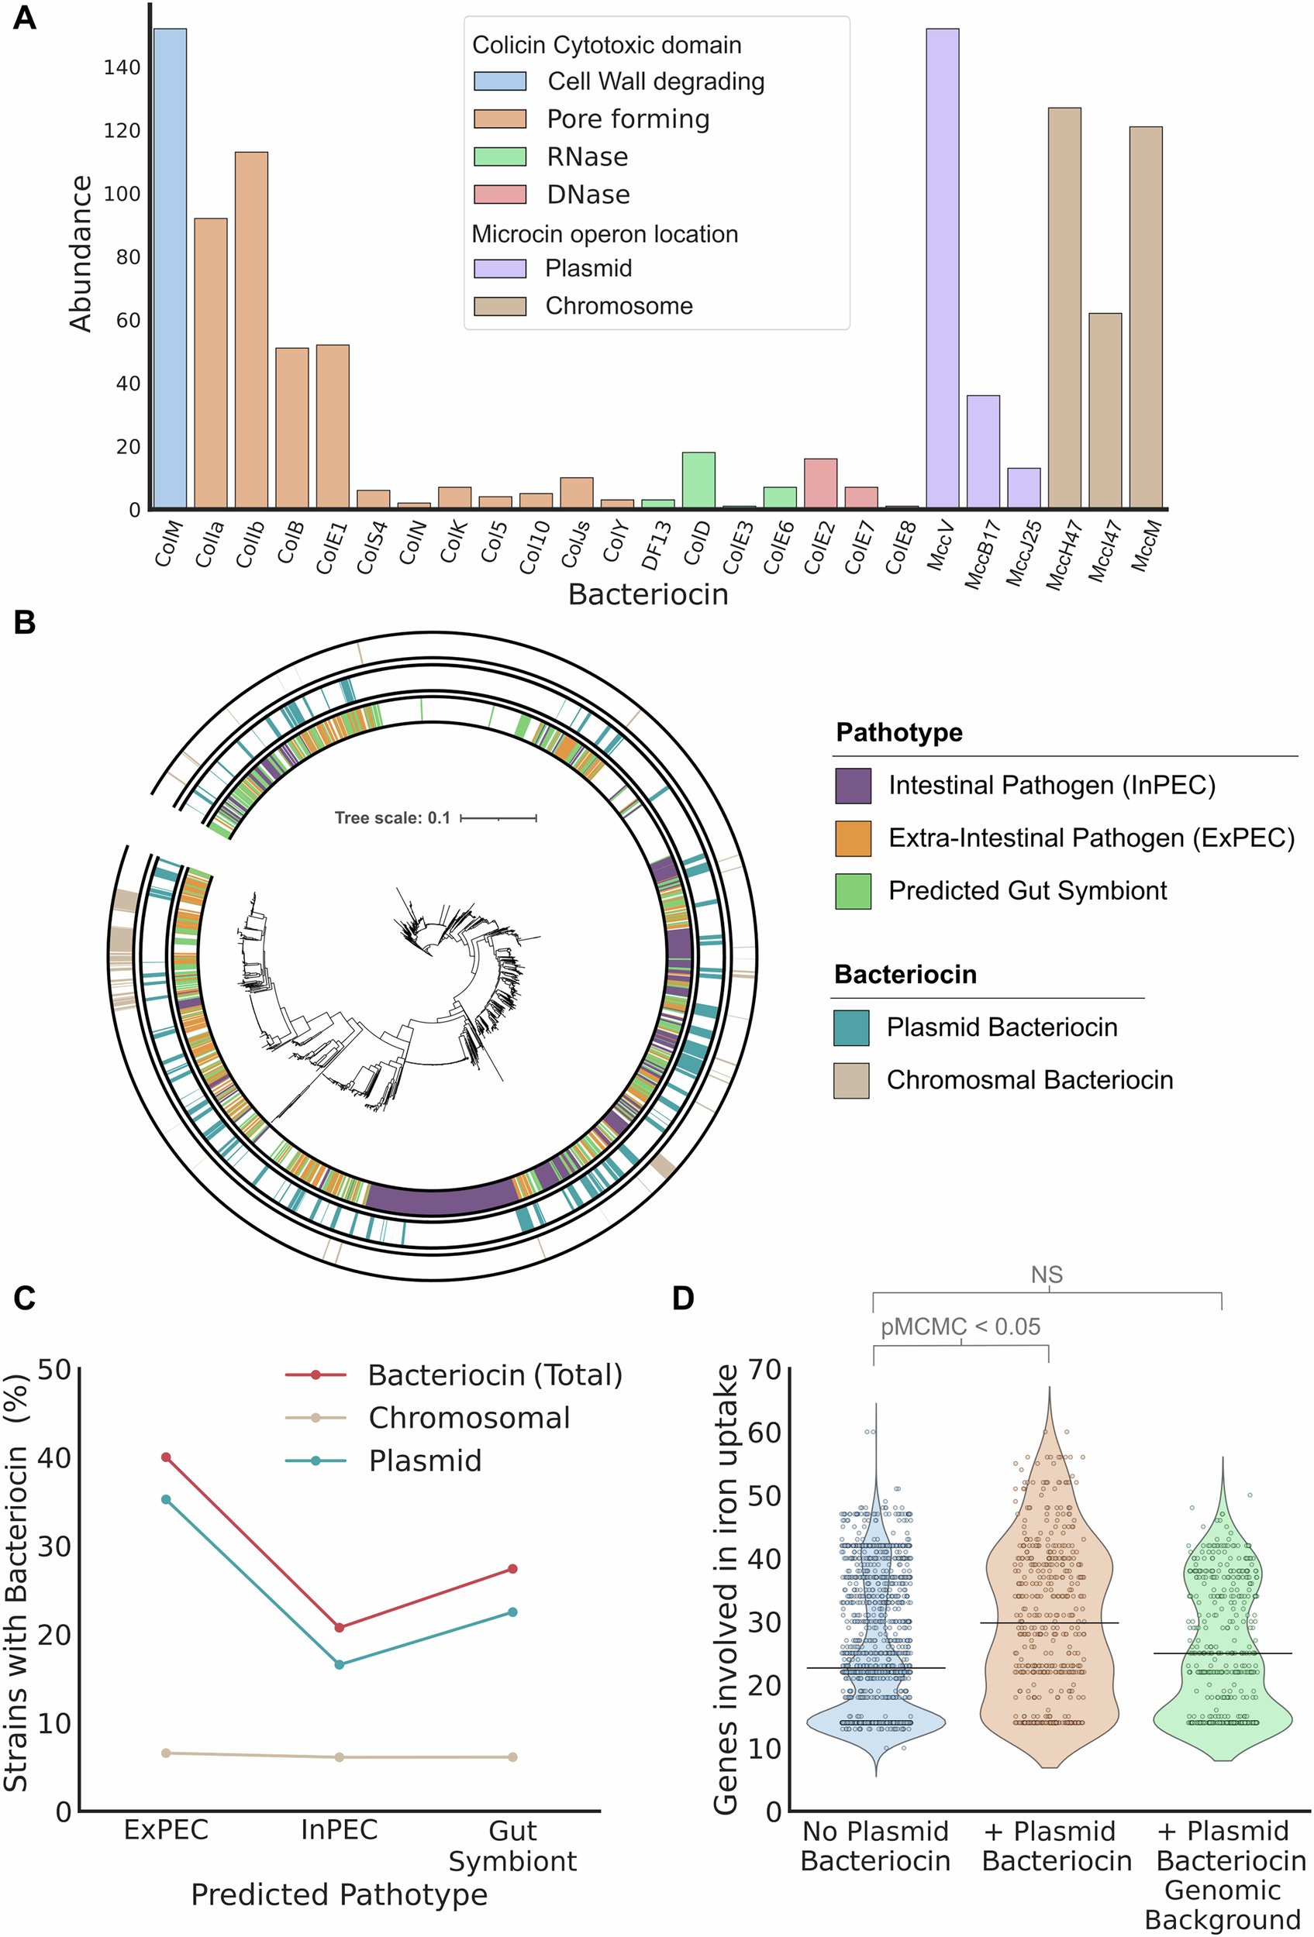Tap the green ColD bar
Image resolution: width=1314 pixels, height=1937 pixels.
pos(698,481)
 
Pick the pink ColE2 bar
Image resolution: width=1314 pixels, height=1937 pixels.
pos(820,483)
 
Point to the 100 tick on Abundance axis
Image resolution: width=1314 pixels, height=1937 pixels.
pos(122,194)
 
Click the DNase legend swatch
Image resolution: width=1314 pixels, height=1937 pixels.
pos(500,194)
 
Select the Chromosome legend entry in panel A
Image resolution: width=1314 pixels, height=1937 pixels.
pos(619,306)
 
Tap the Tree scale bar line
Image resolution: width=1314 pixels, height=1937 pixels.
pos(498,818)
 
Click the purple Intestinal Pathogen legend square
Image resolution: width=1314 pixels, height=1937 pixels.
pos(853,785)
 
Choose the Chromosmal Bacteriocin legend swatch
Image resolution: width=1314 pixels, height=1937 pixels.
pos(851,1080)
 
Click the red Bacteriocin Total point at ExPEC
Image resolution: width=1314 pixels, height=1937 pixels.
pos(166,1457)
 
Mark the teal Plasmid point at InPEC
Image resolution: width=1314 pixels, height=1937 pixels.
pos(340,1664)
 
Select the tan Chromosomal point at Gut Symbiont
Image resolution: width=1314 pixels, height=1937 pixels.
pos(512,1757)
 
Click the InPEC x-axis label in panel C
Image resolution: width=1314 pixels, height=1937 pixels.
pos(340,1830)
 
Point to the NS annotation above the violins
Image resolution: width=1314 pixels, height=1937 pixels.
pos(1047,1275)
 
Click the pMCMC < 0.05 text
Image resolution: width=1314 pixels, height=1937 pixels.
pos(960,1327)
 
